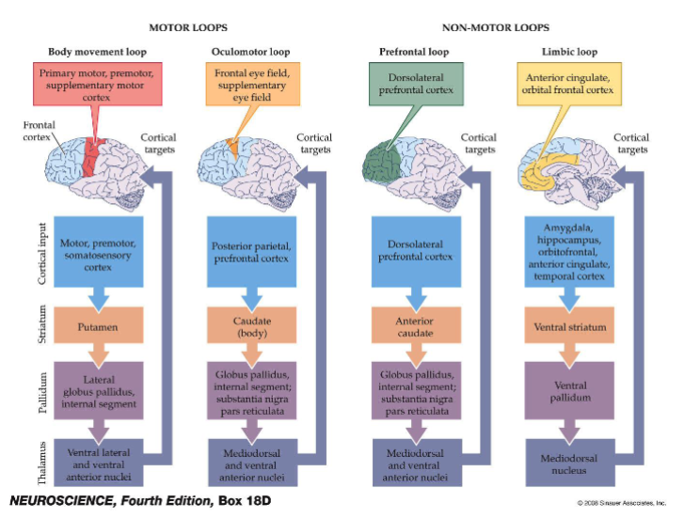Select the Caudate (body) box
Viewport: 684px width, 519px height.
click(x=245, y=328)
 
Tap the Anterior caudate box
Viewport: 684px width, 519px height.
click(x=407, y=328)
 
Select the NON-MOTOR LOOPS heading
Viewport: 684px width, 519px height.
click(x=495, y=28)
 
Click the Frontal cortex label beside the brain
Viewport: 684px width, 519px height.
click(x=39, y=129)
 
